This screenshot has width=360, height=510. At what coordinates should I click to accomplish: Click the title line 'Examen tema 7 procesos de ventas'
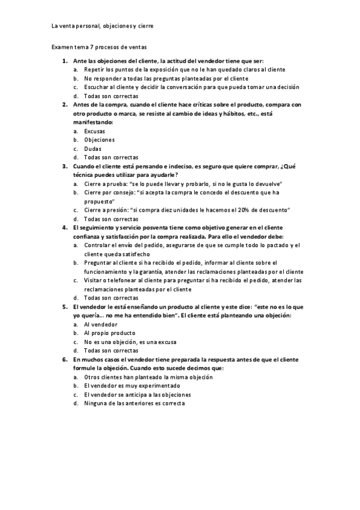99,46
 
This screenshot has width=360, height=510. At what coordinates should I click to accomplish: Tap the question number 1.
64,61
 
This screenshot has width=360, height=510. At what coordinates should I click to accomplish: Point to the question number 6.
64,358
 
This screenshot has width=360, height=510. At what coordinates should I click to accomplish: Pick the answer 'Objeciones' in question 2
99,140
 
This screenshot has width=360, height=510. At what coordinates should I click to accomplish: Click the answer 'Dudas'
93,148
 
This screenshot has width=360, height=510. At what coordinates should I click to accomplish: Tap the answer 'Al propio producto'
109,333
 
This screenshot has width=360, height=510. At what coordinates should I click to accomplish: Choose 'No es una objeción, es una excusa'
130,341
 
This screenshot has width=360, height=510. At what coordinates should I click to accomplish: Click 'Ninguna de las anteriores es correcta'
135,403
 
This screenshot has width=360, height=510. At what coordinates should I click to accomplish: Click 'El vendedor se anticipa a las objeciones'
138,394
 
